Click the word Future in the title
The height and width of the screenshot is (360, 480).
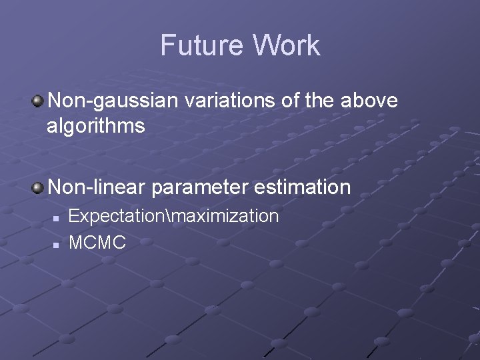click(x=201, y=45)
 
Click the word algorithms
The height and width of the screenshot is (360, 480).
click(x=95, y=125)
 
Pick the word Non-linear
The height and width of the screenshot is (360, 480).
click(x=97, y=187)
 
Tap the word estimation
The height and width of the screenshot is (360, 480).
click(x=302, y=187)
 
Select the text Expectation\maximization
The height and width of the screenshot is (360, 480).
click(x=173, y=216)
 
